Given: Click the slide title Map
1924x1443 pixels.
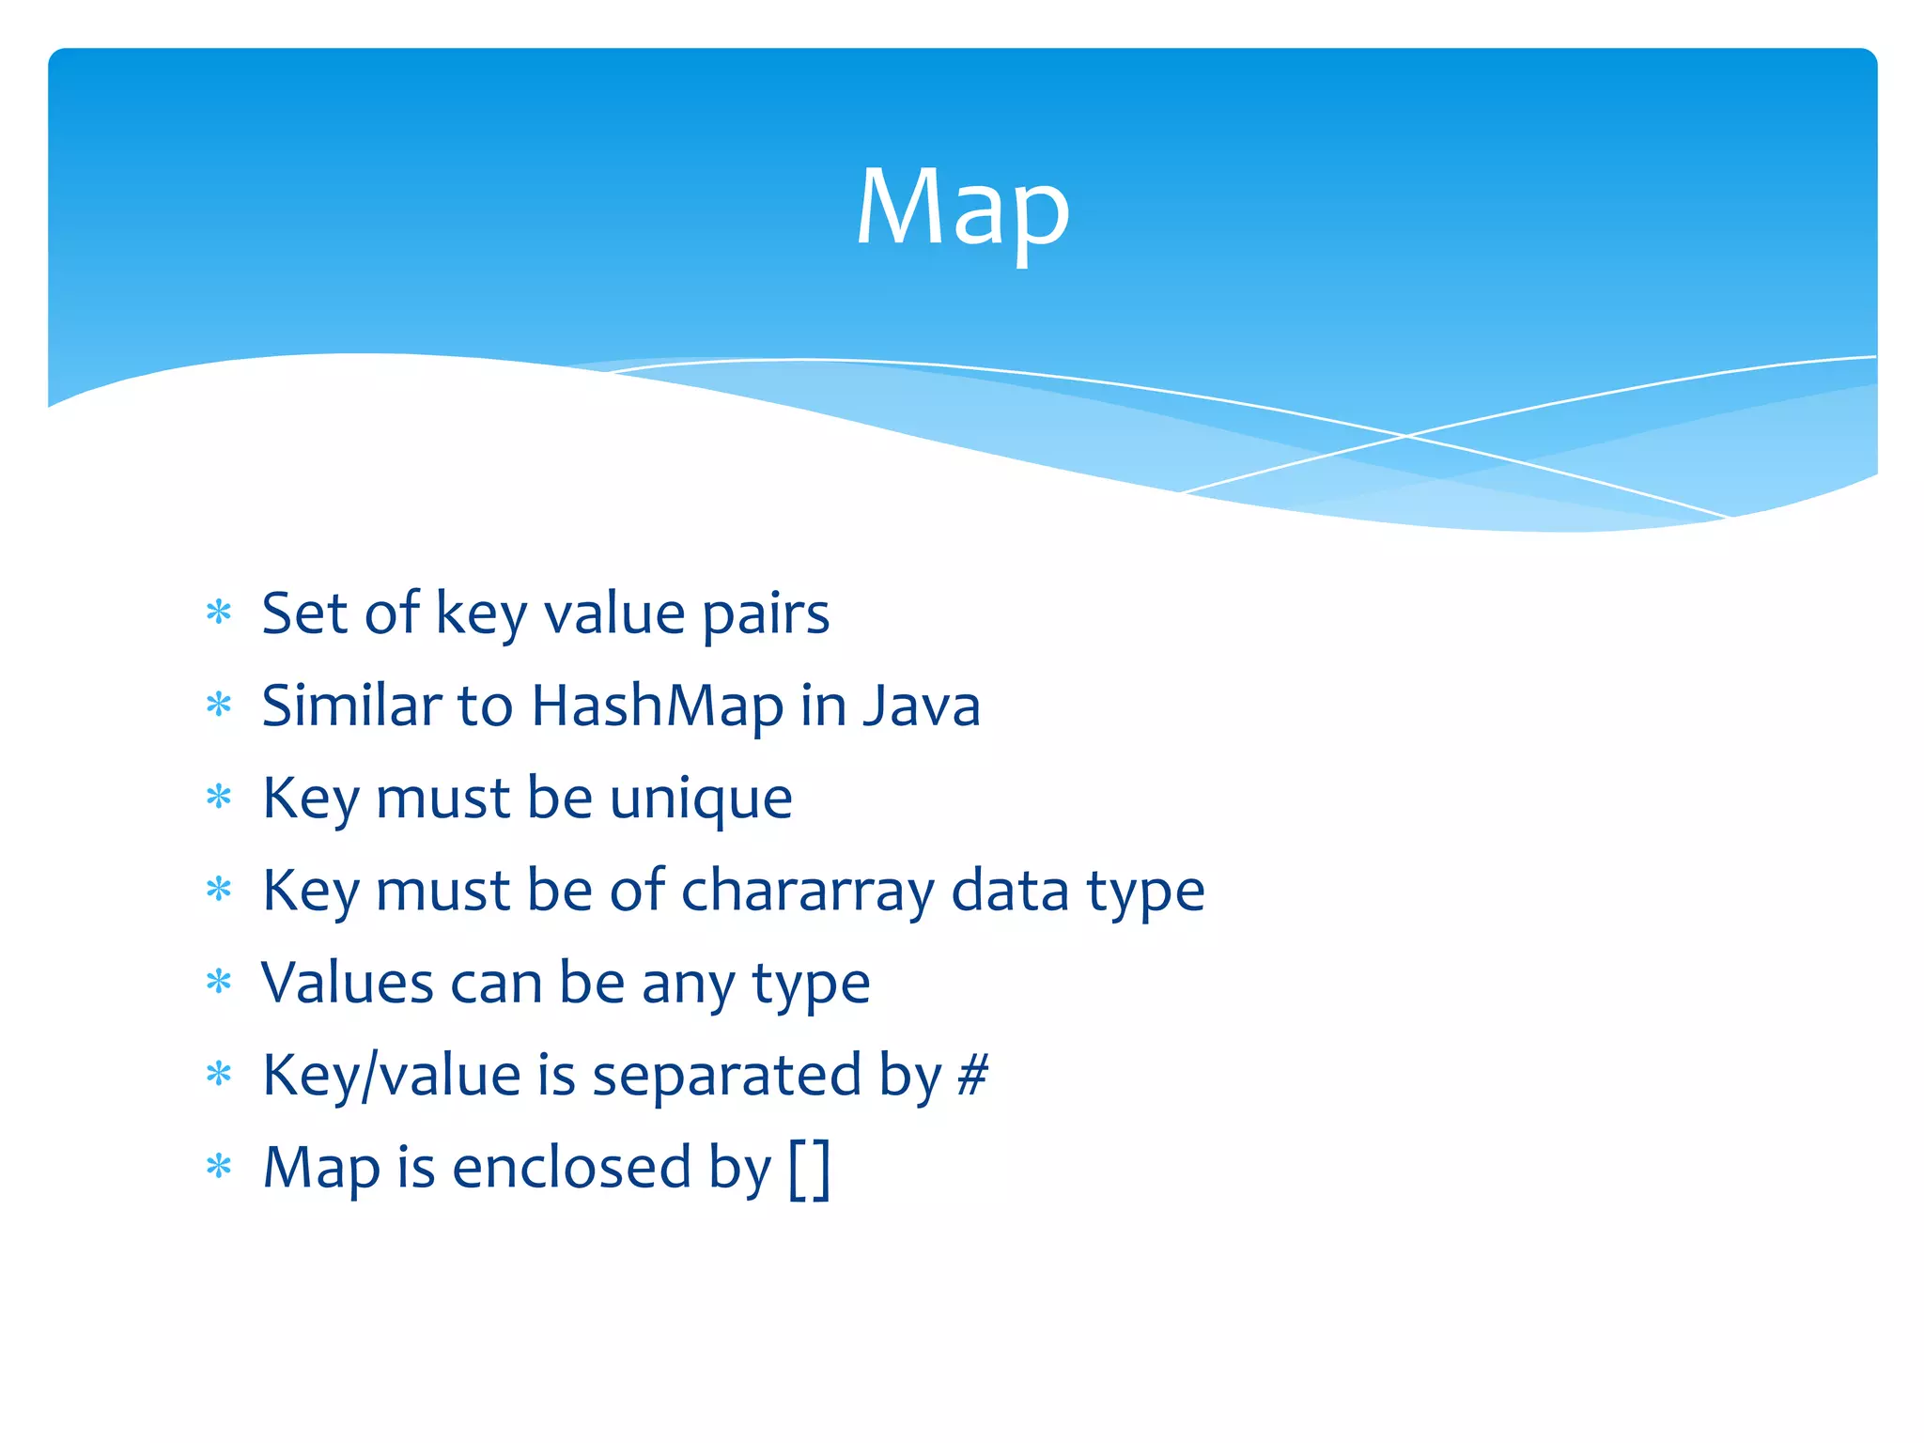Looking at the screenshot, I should tap(962, 209).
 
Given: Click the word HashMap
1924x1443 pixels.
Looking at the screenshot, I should tap(657, 706).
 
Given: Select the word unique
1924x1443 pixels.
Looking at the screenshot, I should tap(701, 799).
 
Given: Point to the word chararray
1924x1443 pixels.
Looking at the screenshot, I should tap(807, 891).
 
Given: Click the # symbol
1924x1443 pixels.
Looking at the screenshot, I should tap(972, 1075).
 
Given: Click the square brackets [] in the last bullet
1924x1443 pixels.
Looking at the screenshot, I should tap(810, 1168).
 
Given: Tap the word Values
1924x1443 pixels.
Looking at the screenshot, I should tap(347, 983).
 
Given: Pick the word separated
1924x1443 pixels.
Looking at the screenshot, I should tap(726, 1077).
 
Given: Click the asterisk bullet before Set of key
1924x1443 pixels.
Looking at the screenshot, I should tap(219, 613).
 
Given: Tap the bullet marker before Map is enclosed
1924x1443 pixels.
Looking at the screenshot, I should tap(219, 1168).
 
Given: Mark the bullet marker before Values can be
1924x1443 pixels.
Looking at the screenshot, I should tap(219, 983).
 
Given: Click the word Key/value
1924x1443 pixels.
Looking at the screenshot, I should tap(391, 1077).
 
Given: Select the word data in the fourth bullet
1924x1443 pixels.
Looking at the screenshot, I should tap(1010, 891).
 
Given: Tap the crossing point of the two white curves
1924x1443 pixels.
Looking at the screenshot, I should tap(1406, 436).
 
